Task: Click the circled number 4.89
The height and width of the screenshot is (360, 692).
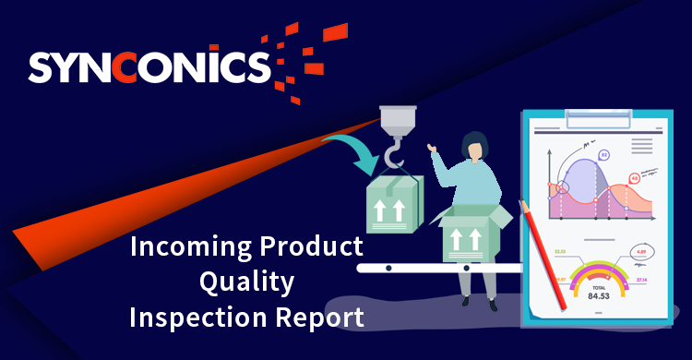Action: coord(642,249)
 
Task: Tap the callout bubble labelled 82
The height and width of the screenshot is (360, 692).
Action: coord(604,156)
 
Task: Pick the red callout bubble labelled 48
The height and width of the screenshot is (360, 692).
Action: coord(635,177)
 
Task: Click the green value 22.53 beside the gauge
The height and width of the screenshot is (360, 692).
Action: coord(560,251)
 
